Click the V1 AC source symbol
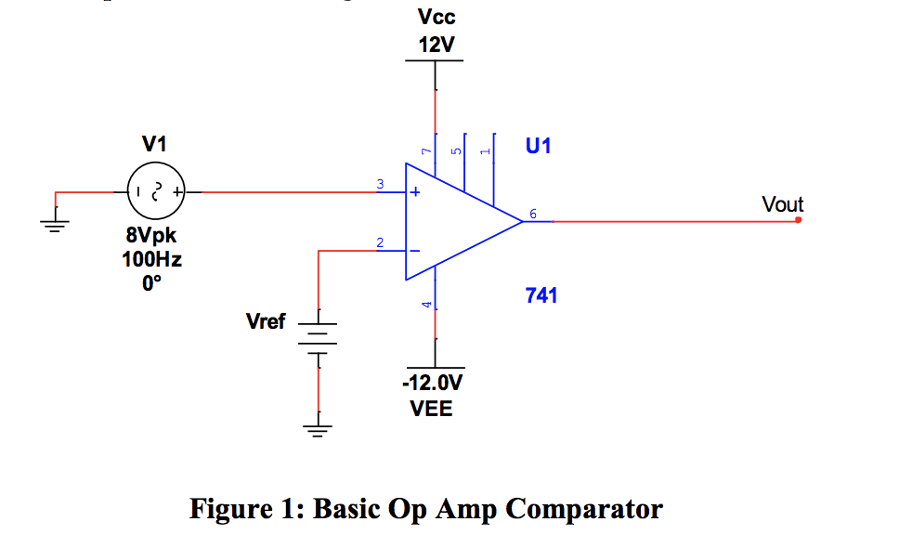(x=156, y=192)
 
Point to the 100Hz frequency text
(x=152, y=259)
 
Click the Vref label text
(x=266, y=322)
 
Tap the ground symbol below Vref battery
(x=318, y=428)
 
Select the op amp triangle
(x=455, y=222)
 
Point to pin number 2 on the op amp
(x=379, y=242)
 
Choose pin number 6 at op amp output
(x=533, y=215)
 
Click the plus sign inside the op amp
(x=416, y=193)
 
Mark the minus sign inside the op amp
(x=416, y=251)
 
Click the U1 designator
(x=538, y=146)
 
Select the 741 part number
(x=541, y=295)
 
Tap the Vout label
(x=782, y=203)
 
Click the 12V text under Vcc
(x=436, y=46)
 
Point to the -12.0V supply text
(x=432, y=383)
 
